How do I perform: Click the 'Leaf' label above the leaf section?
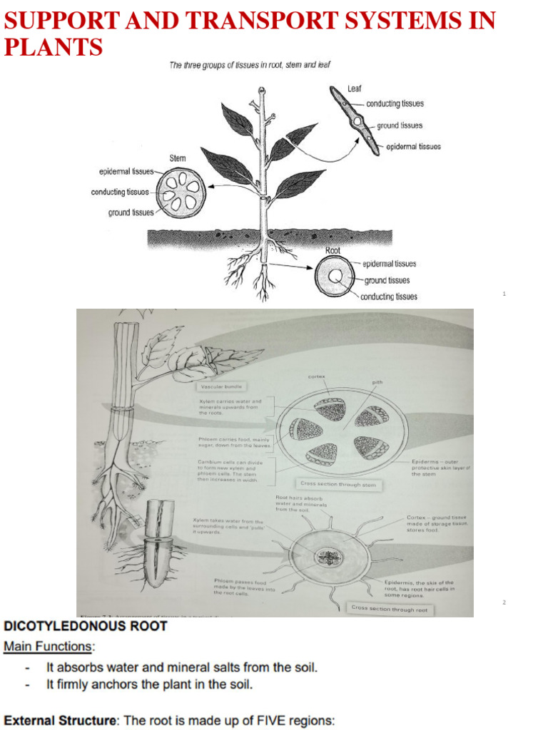355,88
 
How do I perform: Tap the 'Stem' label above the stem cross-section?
178,158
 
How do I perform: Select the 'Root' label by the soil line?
333,250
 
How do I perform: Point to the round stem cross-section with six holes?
181,191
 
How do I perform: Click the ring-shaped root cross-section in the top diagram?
335,275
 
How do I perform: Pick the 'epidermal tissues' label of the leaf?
413,147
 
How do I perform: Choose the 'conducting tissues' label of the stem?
120,192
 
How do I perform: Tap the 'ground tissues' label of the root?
387,280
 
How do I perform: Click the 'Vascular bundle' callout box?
222,386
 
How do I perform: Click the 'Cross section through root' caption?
390,609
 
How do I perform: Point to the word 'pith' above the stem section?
377,383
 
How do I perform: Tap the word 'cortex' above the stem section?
317,376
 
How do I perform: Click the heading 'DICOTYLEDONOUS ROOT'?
86,627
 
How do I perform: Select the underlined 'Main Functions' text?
49,647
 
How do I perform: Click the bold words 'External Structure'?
60,721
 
